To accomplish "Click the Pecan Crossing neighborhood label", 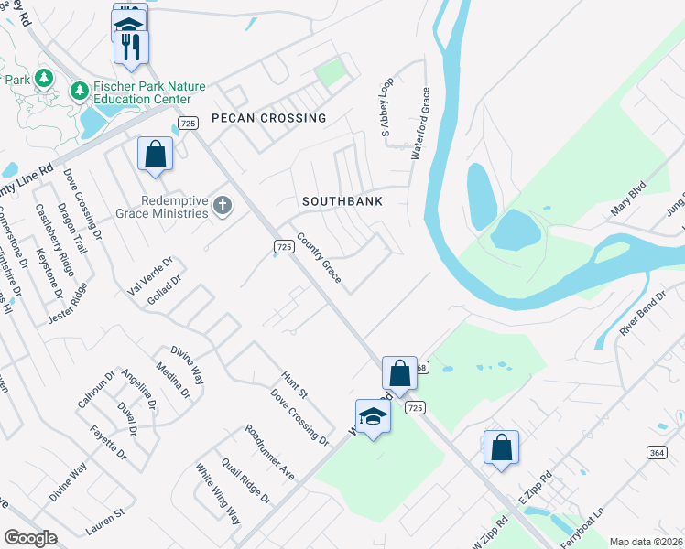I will [268, 118].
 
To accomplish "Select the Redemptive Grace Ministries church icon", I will [223, 206].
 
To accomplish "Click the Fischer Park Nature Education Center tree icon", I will [80, 91].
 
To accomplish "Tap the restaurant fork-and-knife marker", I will [130, 47].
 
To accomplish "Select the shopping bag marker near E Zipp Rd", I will [501, 447].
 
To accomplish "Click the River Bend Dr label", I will [643, 314].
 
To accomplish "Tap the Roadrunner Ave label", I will [269, 453].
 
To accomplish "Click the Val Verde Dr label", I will [148, 282].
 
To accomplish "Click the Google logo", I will [30, 538].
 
